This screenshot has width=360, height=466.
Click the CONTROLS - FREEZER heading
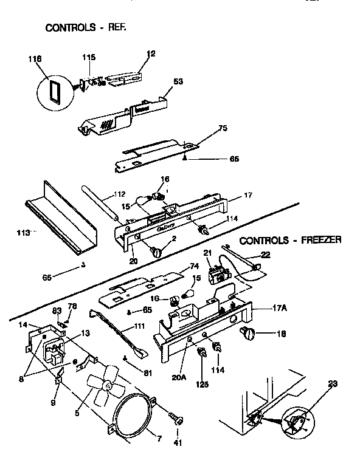290,240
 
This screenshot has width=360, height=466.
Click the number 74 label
195,266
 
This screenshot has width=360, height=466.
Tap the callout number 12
151,53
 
